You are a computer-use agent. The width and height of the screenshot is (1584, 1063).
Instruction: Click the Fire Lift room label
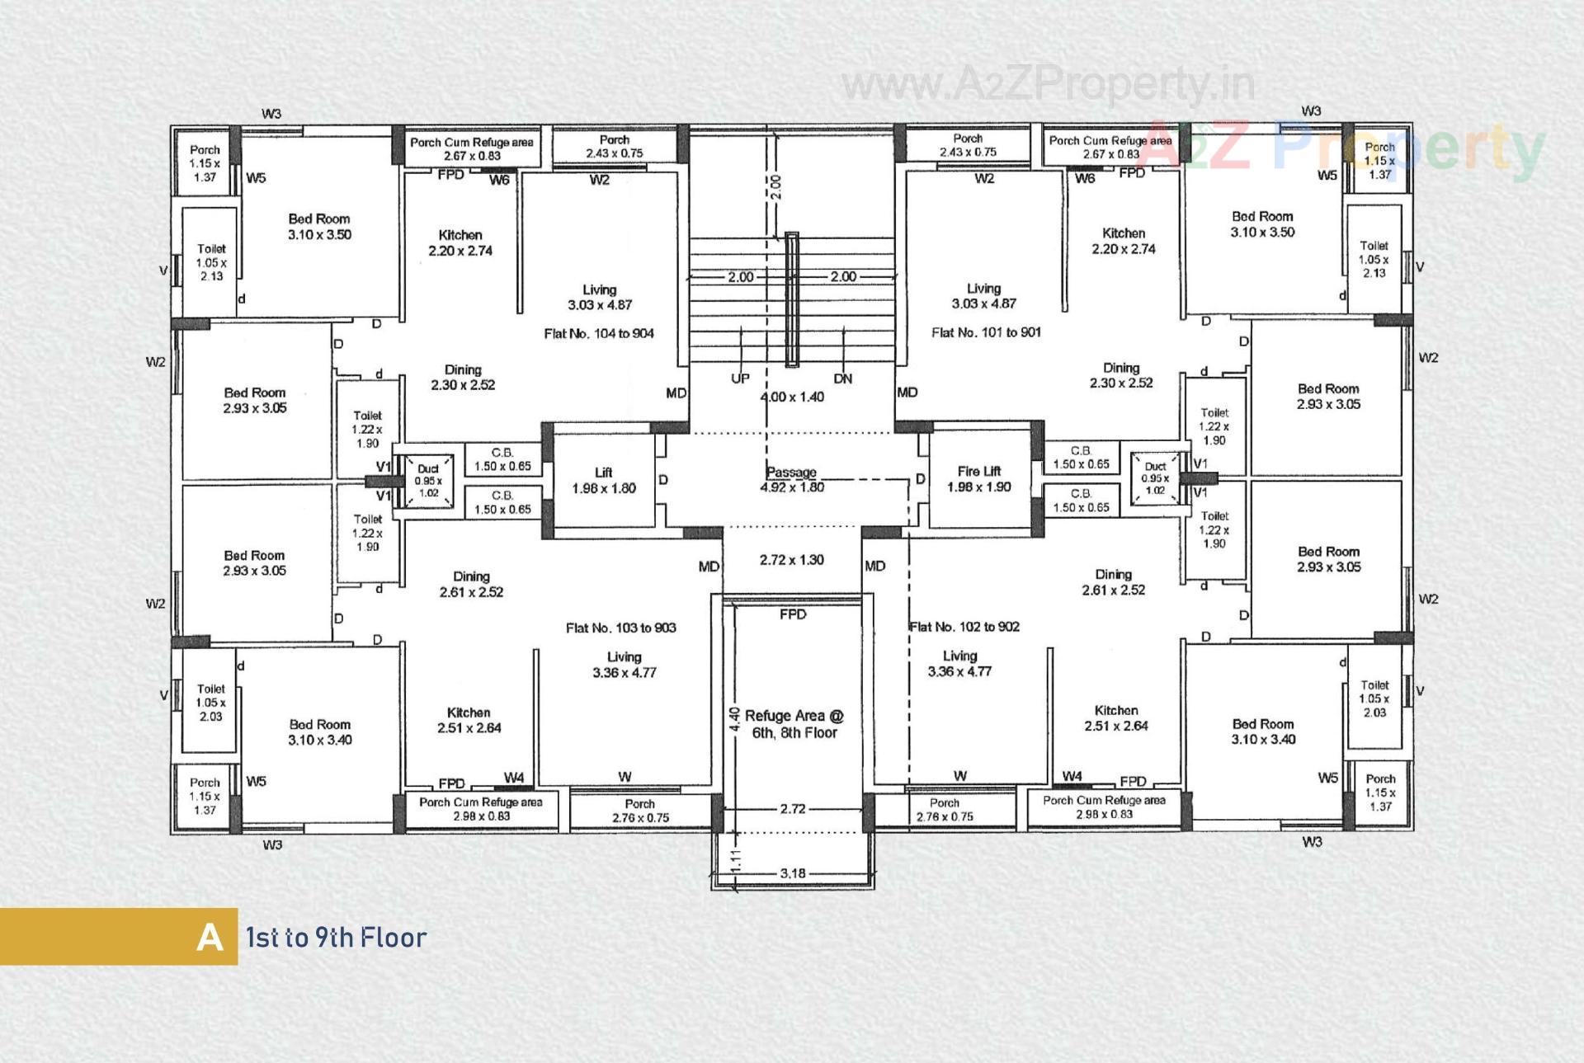tap(978, 479)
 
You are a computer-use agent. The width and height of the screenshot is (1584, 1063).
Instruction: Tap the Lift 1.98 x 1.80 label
tap(603, 480)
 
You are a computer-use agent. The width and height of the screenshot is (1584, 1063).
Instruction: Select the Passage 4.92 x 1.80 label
tap(791, 479)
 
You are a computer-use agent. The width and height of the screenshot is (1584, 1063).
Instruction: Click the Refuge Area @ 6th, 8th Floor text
tap(794, 724)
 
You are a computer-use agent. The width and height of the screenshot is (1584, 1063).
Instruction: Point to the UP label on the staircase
tap(740, 379)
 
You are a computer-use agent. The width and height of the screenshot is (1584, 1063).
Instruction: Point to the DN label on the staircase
tap(842, 379)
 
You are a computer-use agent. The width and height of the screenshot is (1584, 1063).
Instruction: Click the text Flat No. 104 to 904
tap(599, 333)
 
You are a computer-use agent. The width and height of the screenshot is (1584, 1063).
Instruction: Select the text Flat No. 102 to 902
tap(964, 627)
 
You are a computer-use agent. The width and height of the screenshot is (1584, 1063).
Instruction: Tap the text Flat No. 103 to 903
tap(620, 628)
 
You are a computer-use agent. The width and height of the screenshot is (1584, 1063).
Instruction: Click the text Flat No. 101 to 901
tap(986, 332)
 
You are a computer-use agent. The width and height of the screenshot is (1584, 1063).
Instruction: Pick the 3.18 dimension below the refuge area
tap(792, 873)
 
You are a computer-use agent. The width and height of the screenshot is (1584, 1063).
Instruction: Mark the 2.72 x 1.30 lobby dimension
tap(791, 560)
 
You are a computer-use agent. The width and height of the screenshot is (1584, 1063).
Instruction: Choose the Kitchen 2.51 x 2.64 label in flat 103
tap(469, 720)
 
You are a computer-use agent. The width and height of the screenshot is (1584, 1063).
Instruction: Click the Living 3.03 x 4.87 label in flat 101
tap(983, 296)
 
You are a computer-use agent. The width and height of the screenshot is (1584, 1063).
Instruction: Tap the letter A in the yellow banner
tap(210, 938)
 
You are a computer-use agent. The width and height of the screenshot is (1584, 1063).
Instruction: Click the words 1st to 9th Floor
tap(336, 938)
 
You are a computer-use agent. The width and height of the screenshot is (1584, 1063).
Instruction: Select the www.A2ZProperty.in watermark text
tap(1048, 84)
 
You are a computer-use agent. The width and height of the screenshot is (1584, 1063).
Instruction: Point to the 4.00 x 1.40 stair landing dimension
tap(791, 397)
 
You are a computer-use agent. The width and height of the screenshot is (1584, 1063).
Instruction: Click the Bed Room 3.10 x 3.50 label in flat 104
tap(319, 227)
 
